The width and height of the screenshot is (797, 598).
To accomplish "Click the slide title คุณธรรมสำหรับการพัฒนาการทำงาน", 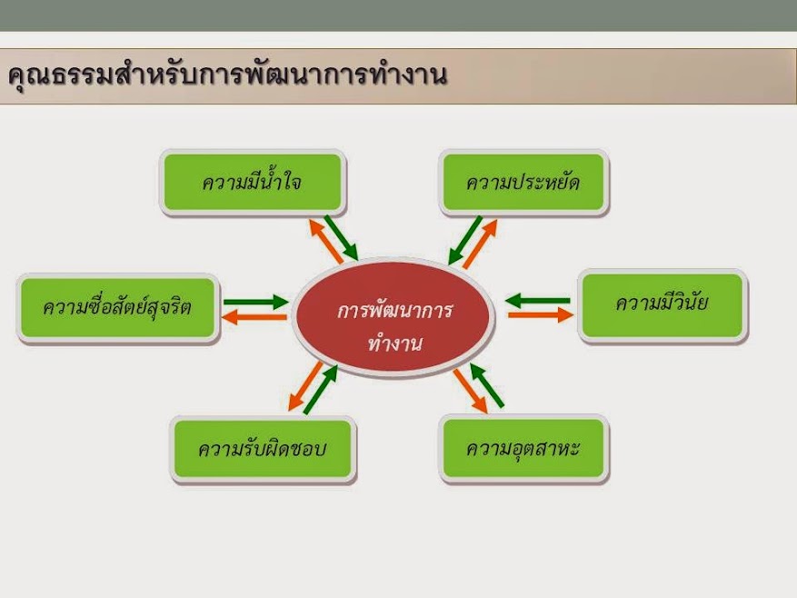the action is tap(228, 76).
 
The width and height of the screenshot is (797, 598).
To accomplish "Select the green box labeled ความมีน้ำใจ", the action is tap(253, 183).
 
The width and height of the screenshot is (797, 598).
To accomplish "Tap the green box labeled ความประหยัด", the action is tap(523, 183).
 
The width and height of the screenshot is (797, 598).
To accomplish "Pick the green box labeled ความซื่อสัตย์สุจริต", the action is tap(118, 308).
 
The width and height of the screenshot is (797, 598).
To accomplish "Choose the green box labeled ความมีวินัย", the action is tap(663, 305).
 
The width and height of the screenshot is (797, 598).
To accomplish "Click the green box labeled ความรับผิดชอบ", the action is tap(263, 448).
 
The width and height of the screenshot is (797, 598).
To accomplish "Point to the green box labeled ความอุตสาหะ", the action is tap(523, 448).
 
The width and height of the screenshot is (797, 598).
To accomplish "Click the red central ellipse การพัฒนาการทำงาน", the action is tap(394, 318).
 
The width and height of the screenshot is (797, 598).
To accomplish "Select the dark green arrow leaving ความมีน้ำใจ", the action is tap(342, 237).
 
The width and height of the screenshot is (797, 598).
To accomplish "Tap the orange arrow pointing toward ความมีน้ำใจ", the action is tap(325, 241).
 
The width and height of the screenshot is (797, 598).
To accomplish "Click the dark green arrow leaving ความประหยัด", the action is tap(464, 241).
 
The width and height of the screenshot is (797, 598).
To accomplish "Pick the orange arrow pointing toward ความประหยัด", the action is tap(480, 244).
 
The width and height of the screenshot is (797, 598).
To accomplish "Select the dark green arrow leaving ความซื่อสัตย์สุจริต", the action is tap(255, 302).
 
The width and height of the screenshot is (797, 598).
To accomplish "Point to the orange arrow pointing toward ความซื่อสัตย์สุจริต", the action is tap(254, 317).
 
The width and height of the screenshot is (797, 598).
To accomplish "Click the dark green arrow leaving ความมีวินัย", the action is tap(538, 301).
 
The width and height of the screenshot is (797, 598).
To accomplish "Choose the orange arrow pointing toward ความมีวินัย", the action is tap(541, 315).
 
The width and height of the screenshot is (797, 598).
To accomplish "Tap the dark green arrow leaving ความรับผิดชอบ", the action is tap(321, 389).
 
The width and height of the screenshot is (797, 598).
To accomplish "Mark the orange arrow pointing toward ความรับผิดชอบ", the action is tap(305, 386).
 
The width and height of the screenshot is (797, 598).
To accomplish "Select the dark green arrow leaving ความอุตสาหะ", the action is tap(486, 385).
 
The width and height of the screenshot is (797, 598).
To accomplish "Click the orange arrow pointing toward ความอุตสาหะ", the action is tap(470, 391).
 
